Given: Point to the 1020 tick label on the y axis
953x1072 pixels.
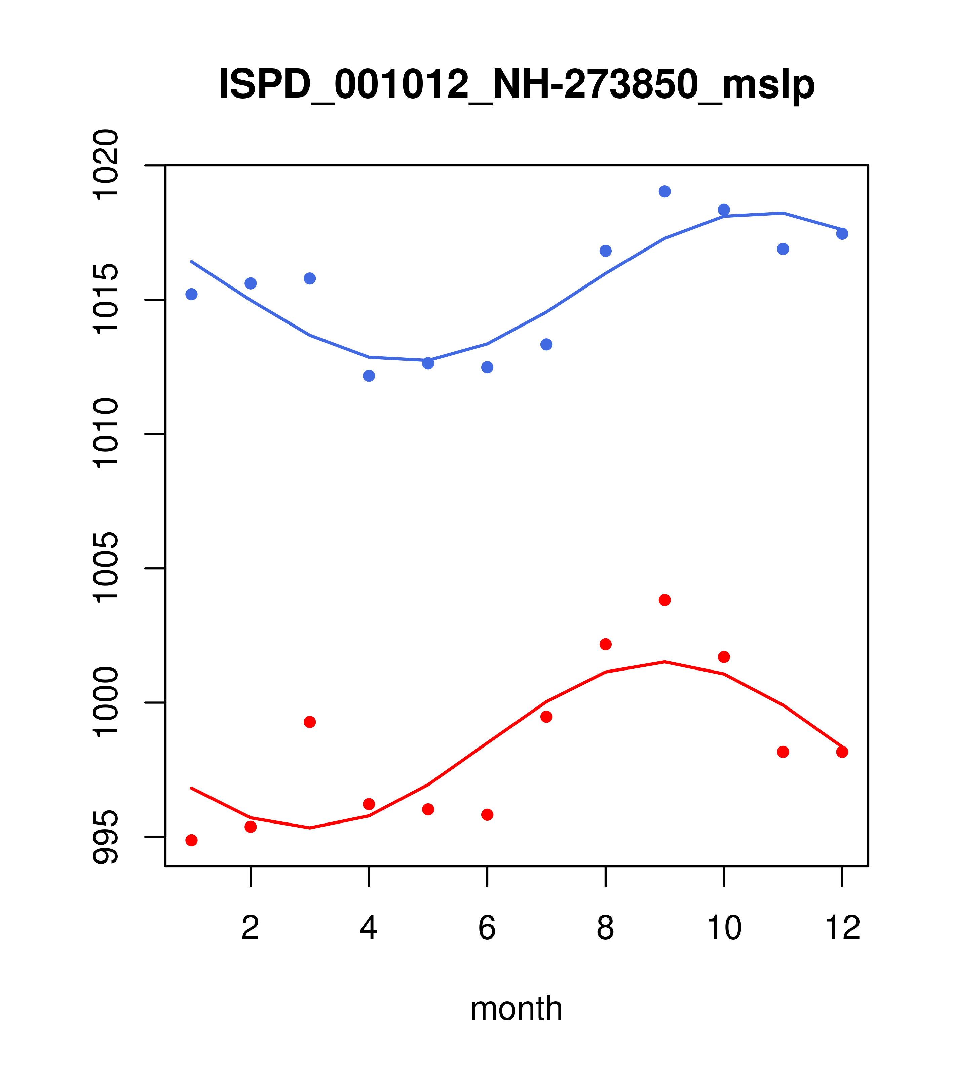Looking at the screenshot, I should click(105, 165).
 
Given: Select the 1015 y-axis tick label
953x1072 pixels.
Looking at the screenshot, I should click(105, 300).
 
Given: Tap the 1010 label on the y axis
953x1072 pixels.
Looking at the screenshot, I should click(105, 434).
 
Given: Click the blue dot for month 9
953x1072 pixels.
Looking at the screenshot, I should click(664, 191).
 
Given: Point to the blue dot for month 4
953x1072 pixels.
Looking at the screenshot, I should click(369, 376).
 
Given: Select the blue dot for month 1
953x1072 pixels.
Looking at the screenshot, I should click(191, 294).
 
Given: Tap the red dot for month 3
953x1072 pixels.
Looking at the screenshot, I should click(310, 722).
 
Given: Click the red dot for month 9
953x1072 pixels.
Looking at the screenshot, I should click(664, 600).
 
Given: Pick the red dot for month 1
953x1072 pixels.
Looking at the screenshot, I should click(191, 840).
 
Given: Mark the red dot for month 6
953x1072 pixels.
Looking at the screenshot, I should click(487, 814).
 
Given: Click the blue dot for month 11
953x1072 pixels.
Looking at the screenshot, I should click(783, 248).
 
